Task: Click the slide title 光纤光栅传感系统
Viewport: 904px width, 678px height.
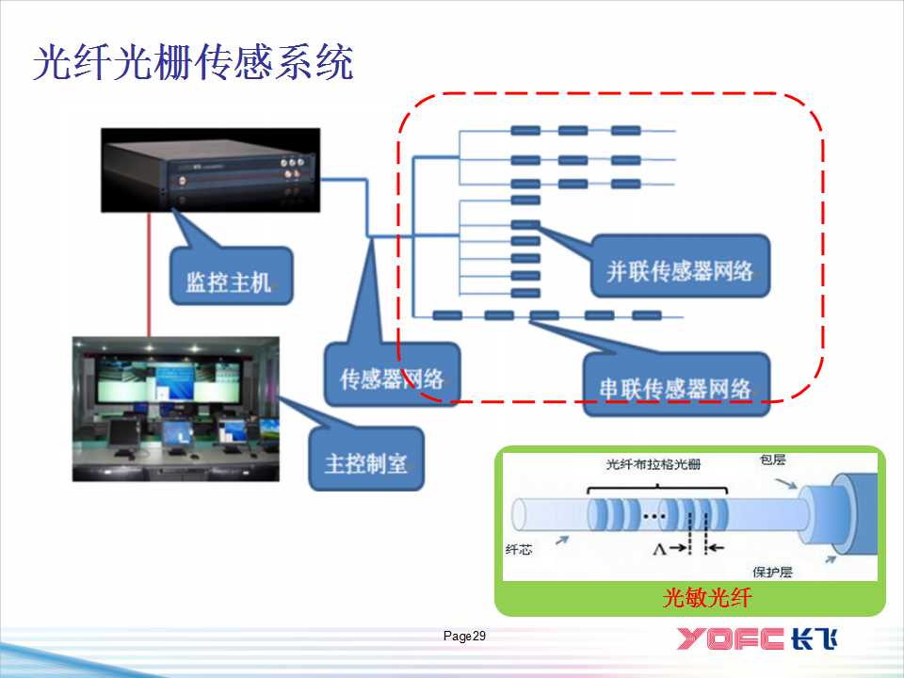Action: pyautogui.click(x=193, y=63)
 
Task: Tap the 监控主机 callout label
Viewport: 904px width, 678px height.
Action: pyautogui.click(x=228, y=281)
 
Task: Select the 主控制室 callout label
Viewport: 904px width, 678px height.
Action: pyautogui.click(x=366, y=462)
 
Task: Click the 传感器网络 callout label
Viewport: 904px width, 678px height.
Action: pyautogui.click(x=392, y=379)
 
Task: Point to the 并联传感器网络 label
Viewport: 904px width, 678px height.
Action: pyautogui.click(x=679, y=271)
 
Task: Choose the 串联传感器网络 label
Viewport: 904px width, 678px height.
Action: pyautogui.click(x=676, y=387)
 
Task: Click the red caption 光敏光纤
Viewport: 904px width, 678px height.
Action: pyautogui.click(x=691, y=599)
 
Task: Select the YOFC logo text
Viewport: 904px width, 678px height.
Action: pyautogui.click(x=731, y=638)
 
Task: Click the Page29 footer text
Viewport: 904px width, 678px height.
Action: pyautogui.click(x=464, y=638)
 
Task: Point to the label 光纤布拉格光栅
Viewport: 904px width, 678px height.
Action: pyautogui.click(x=654, y=465)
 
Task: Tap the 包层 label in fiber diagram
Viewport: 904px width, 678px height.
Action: pyautogui.click(x=772, y=460)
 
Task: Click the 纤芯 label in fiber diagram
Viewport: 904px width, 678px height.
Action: pyautogui.click(x=519, y=549)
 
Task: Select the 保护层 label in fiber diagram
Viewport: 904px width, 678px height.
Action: pyautogui.click(x=772, y=571)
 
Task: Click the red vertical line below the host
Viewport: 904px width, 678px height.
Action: pyautogui.click(x=148, y=273)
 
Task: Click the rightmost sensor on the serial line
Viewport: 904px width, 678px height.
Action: pyautogui.click(x=646, y=315)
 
